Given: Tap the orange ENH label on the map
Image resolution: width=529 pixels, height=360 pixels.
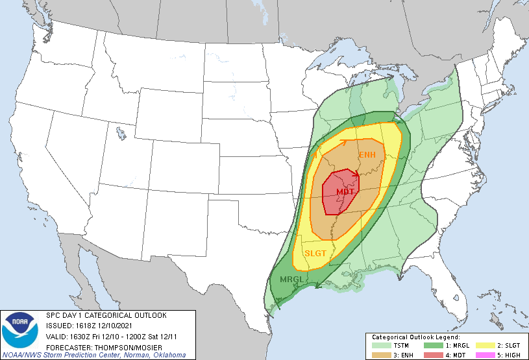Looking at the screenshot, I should pyautogui.click(x=367, y=154).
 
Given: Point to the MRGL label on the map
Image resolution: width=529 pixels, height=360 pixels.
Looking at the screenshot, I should pyautogui.click(x=291, y=280).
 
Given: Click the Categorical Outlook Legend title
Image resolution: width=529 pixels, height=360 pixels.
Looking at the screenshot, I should pyautogui.click(x=415, y=337).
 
